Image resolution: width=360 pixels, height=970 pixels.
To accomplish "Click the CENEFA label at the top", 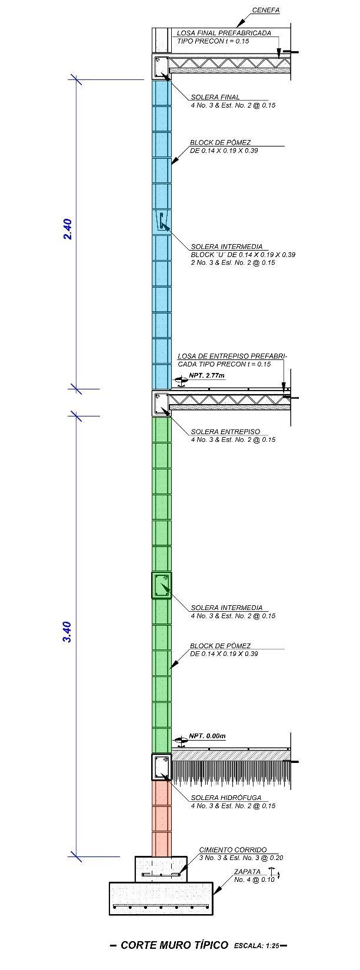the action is pos(265,11).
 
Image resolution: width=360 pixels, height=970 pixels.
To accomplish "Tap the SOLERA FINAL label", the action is pos(215,98).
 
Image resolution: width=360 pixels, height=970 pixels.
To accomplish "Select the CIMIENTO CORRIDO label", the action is pos(232,850).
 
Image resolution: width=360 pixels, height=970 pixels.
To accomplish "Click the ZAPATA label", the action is pos(247,872).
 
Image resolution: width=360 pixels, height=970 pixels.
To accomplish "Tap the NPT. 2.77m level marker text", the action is pos(206,375).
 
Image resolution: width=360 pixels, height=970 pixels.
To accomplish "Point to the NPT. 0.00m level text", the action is pos(207,736).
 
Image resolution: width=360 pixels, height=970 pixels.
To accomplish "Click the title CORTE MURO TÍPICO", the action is pos(174,945).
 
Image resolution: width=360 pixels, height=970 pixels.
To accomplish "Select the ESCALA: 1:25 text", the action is pos(256,946).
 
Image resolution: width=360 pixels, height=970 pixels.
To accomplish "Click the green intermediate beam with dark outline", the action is pos(161,586).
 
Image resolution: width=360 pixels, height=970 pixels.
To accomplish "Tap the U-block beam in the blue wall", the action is pos(162,222).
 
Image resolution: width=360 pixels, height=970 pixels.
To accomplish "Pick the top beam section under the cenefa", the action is pos(161,67).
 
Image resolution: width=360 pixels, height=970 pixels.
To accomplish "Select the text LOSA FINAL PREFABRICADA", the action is pos(224,33).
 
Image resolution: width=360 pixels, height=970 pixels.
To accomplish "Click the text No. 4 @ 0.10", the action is pos(254,880).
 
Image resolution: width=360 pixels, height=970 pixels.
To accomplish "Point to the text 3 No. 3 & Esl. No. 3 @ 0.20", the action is pos(241,858).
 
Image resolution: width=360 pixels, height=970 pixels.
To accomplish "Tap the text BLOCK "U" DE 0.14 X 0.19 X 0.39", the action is pos(242,255).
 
